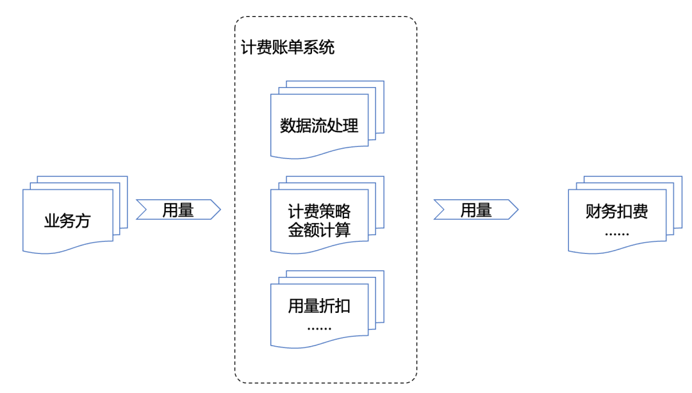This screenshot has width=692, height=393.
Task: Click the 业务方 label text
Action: click(x=67, y=221)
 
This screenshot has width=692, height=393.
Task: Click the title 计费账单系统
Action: click(x=288, y=47)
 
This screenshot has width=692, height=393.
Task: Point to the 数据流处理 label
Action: click(x=319, y=126)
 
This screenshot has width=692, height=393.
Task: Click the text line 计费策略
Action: click(x=319, y=212)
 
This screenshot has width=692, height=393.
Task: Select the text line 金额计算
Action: click(x=319, y=230)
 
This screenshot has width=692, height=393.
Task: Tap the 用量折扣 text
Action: click(x=319, y=306)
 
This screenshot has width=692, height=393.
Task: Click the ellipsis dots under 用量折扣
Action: click(x=319, y=328)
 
